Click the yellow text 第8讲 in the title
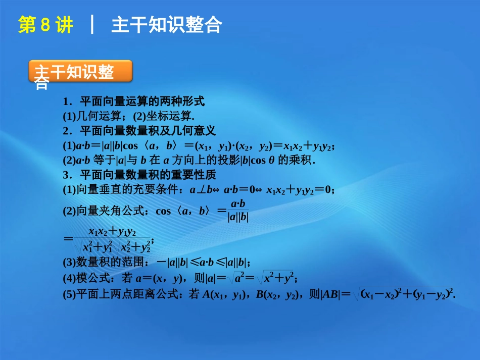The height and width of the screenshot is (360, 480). coord(45,25)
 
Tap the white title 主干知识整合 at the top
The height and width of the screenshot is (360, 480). coord(166,25)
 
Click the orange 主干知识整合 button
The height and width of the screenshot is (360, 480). coord(81,72)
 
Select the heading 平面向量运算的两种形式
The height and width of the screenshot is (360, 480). coord(142,101)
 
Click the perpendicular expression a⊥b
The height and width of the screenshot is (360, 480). coord(201,190)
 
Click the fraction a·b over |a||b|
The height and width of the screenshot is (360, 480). coord(237,211)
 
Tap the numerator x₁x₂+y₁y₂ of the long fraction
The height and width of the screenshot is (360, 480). coord(112,232)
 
